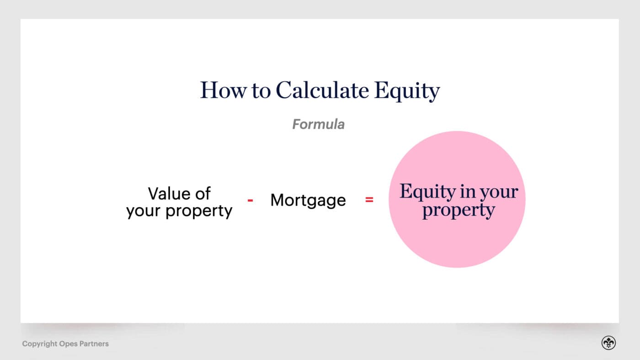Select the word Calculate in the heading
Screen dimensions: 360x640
tap(322, 90)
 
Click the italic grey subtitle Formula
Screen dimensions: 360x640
tap(318, 124)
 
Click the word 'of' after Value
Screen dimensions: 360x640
tap(203, 193)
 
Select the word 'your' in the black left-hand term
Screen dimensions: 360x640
tap(144, 211)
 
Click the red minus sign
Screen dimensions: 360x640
tap(251, 200)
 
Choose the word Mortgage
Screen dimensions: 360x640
tap(308, 201)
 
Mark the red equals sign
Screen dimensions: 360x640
tap(369, 200)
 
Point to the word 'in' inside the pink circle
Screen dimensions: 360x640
tap(467, 191)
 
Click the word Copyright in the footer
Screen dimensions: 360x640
tap(40, 344)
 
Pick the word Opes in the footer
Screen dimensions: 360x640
tap(69, 344)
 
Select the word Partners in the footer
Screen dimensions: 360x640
tap(95, 344)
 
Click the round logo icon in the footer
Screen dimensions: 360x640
tap(608, 343)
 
